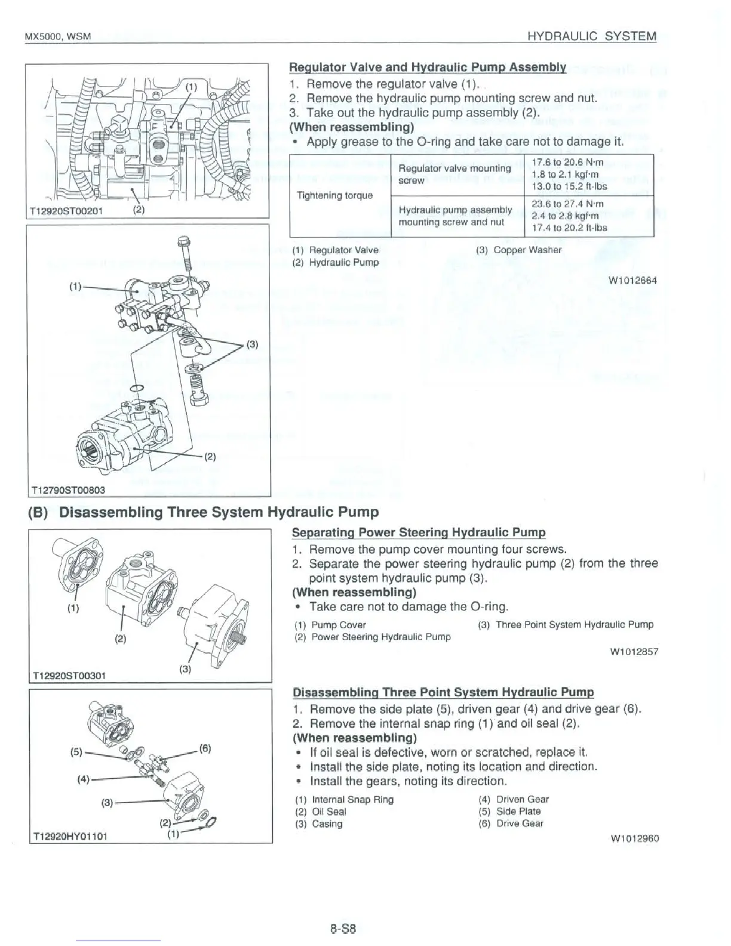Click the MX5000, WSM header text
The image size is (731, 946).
point(57,37)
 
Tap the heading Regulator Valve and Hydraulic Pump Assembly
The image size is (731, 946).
point(427,67)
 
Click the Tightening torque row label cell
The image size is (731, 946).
point(334,195)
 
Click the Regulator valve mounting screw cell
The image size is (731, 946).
point(454,174)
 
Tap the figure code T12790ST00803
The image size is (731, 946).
point(67,490)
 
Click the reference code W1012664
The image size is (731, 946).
point(632,280)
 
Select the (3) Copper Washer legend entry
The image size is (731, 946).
point(518,250)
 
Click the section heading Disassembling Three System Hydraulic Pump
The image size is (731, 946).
point(203,512)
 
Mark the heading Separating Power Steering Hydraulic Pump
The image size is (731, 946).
point(419,532)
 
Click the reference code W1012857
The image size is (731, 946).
point(634,652)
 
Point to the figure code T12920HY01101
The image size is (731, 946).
point(69,835)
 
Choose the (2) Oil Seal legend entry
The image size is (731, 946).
point(320,812)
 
